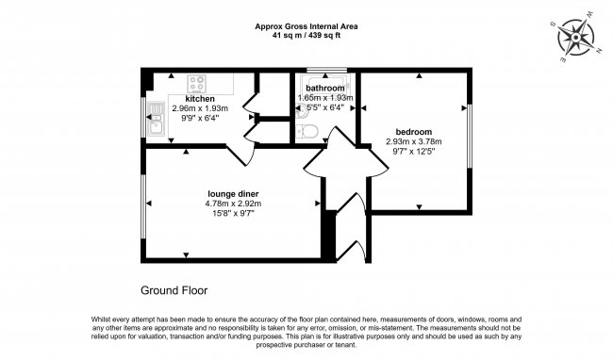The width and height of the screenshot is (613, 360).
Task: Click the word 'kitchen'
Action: [x=199, y=98]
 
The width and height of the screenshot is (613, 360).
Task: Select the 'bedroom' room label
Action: [x=413, y=131]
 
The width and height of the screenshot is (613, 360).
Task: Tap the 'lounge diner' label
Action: [x=232, y=193]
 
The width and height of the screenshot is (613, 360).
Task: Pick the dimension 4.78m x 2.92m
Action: [x=232, y=204]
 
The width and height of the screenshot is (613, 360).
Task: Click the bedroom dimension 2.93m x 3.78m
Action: [x=413, y=141]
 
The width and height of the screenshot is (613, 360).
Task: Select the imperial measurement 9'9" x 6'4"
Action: [x=199, y=118]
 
